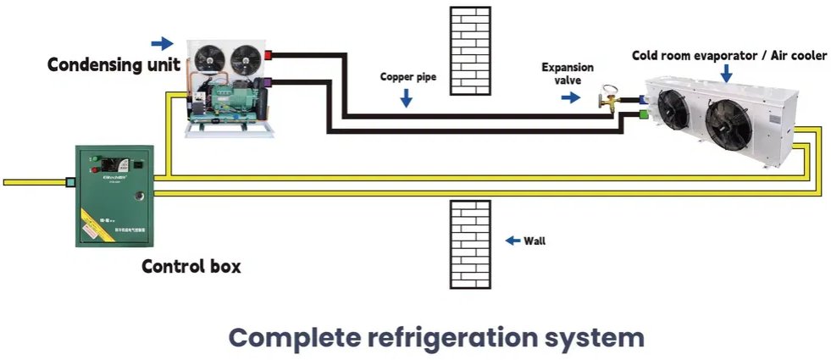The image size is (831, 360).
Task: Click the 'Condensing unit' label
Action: [x=113, y=64]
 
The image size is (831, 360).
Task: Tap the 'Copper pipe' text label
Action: [x=407, y=76]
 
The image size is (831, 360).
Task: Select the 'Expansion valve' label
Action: [x=568, y=74]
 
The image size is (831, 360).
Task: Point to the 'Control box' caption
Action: [x=191, y=267]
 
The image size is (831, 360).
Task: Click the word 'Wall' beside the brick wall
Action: [x=535, y=241]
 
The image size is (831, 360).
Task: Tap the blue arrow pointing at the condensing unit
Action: [x=161, y=42]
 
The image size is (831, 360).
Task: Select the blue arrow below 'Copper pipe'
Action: [x=407, y=98]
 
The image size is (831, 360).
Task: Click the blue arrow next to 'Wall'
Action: [x=512, y=241]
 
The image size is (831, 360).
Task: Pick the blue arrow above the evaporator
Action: [x=726, y=75]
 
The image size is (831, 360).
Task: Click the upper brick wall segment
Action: [x=469, y=50]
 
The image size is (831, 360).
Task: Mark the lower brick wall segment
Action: [x=469, y=244]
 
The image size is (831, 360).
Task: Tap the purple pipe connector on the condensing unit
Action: [x=269, y=83]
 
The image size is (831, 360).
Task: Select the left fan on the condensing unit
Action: [x=206, y=57]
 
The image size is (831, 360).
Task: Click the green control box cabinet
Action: [x=114, y=195]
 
